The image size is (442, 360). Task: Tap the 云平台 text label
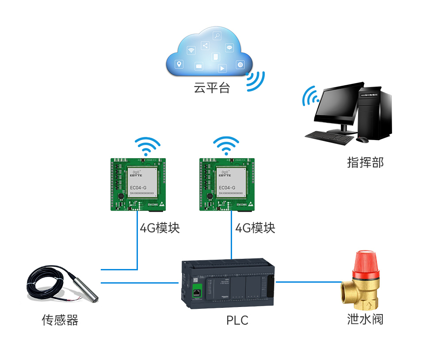[x=212, y=88]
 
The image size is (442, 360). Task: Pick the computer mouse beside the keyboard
[x=362, y=140]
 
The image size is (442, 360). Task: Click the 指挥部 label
[x=365, y=162]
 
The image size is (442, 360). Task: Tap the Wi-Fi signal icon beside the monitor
[x=310, y=96]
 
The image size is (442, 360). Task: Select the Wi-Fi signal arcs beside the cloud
[x=256, y=81]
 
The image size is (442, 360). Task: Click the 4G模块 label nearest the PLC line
[x=255, y=228]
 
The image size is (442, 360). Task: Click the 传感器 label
[x=60, y=320]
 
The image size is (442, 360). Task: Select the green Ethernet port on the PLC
[x=197, y=291]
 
